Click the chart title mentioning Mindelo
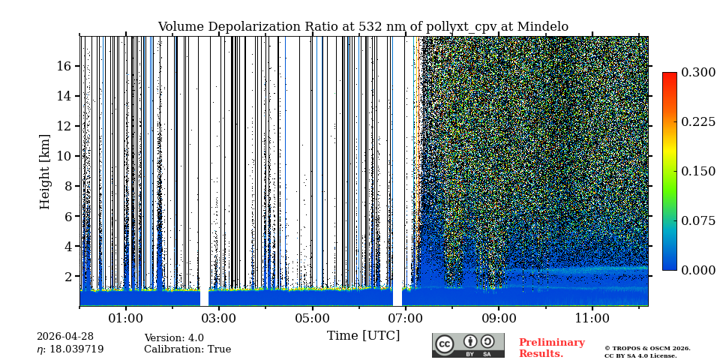coord(363,27)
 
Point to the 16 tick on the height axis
coord(64,66)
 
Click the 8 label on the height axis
coord(67,186)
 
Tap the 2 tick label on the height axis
coord(67,276)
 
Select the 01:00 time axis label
coord(126,318)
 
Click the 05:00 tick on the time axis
coord(312,318)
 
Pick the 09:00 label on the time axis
coord(499,318)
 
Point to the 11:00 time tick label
coord(592,318)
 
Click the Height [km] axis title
coord(45,171)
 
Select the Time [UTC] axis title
coord(363,335)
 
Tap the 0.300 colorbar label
coord(697,73)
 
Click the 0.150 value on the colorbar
coord(697,171)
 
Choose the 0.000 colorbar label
coord(697,270)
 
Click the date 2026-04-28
coord(65,337)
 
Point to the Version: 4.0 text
coord(174,338)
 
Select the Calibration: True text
coord(187,349)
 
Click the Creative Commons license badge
coord(468,345)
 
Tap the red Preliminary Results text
coord(551,348)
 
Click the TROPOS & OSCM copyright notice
coord(647,352)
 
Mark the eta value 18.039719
coord(70,349)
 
